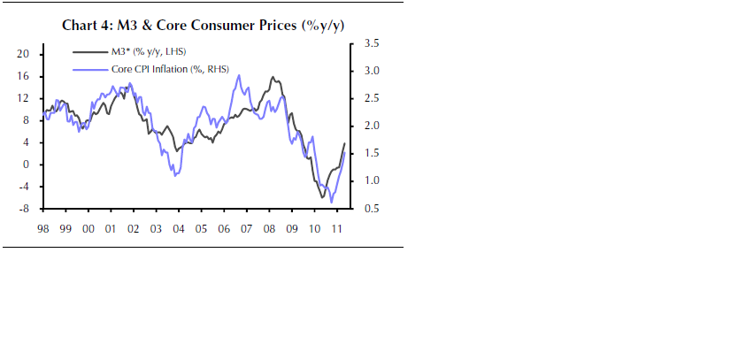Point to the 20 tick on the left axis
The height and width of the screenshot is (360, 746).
coord(24,54)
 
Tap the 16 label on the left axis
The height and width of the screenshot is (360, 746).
coord(24,76)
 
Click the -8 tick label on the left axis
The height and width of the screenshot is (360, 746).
coord(24,209)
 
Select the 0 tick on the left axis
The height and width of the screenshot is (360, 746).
coord(27,165)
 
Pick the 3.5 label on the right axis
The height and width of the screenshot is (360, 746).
coord(371,42)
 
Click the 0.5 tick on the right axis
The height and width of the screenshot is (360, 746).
coord(371,209)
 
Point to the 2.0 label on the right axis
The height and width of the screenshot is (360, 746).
coord(371,126)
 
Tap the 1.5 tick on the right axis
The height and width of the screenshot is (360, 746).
coord(371,153)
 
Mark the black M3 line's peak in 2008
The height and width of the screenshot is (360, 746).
coord(272,77)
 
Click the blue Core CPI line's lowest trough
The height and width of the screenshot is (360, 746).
coord(332,203)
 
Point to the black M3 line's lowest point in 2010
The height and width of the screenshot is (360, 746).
coord(322,197)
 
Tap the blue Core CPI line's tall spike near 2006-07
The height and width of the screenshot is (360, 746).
coord(239,75)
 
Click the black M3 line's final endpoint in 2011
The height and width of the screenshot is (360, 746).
coord(344,143)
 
